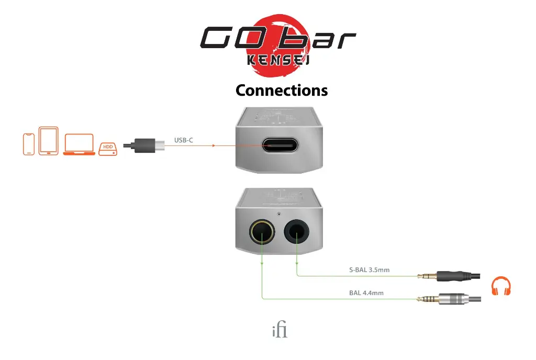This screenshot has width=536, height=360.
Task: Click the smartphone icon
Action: [x=29, y=144]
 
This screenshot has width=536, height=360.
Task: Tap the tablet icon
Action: [x=48, y=141]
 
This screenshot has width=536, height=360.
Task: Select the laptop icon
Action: [x=79, y=144]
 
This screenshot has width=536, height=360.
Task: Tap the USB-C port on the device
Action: [x=279, y=145]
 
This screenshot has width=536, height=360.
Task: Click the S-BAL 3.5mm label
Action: [x=369, y=271]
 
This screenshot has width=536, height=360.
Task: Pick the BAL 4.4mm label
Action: [x=366, y=293]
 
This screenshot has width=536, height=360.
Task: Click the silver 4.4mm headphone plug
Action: [x=450, y=299]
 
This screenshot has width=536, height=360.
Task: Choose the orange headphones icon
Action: [x=500, y=287]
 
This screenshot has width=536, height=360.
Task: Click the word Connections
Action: [x=282, y=90]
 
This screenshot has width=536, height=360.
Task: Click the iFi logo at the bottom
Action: [x=280, y=331]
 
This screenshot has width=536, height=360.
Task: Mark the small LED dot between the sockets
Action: [x=279, y=214]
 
